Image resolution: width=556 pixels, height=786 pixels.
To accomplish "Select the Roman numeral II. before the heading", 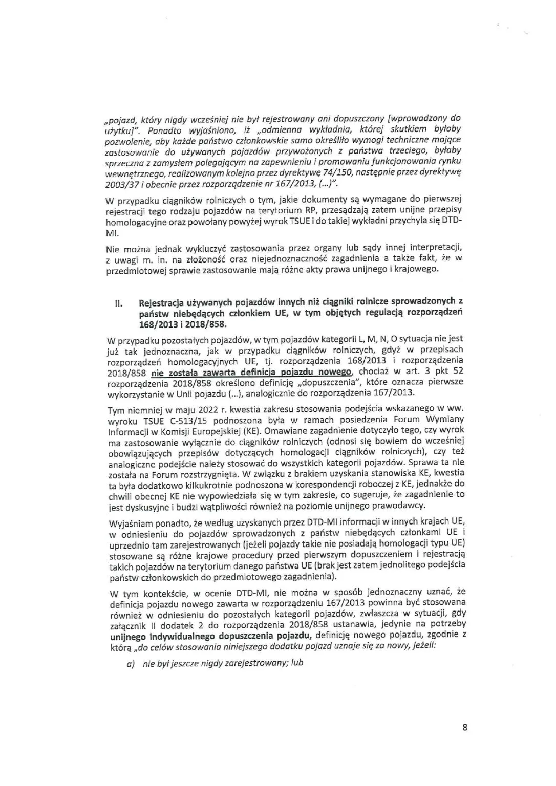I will click(x=117, y=303).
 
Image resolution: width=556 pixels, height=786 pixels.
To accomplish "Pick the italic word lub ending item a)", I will click(x=295, y=663).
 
